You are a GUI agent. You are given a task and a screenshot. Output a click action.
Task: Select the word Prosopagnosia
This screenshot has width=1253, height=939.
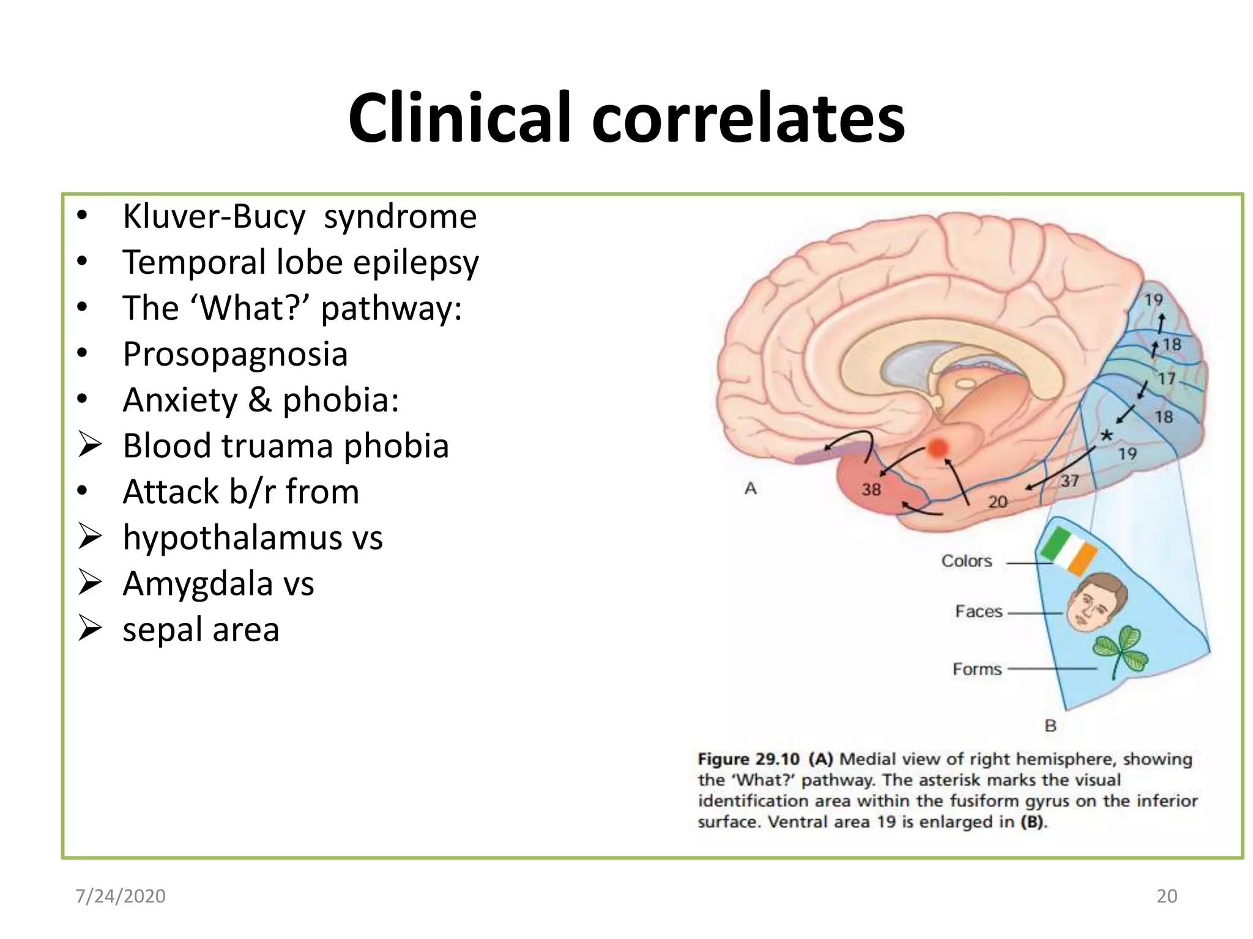[235, 354]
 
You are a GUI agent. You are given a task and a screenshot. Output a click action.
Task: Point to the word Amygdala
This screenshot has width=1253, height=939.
[197, 583]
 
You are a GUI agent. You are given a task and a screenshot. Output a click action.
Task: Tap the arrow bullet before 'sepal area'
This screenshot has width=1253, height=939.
[90, 628]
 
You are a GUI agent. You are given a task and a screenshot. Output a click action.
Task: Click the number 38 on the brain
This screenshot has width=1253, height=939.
[871, 489]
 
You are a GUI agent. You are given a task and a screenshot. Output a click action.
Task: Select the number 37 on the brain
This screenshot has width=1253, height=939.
[1069, 481]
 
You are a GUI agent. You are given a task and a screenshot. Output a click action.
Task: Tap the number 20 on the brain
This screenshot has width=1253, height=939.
[997, 502]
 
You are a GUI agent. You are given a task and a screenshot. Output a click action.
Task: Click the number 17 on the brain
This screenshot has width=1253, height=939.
[1166, 379]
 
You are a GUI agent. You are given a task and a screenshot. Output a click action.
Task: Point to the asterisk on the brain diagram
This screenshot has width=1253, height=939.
[1107, 436]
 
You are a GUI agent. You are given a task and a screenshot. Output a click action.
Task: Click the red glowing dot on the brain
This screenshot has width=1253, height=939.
[937, 448]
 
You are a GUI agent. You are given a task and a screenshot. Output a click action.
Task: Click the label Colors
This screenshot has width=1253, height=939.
[966, 561]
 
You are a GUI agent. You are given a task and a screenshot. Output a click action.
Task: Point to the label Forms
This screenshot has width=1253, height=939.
[976, 669]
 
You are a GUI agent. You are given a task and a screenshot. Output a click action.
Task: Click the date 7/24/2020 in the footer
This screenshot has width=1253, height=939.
[121, 896]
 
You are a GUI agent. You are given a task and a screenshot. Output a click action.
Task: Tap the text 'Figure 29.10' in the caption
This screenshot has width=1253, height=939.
[748, 759]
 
